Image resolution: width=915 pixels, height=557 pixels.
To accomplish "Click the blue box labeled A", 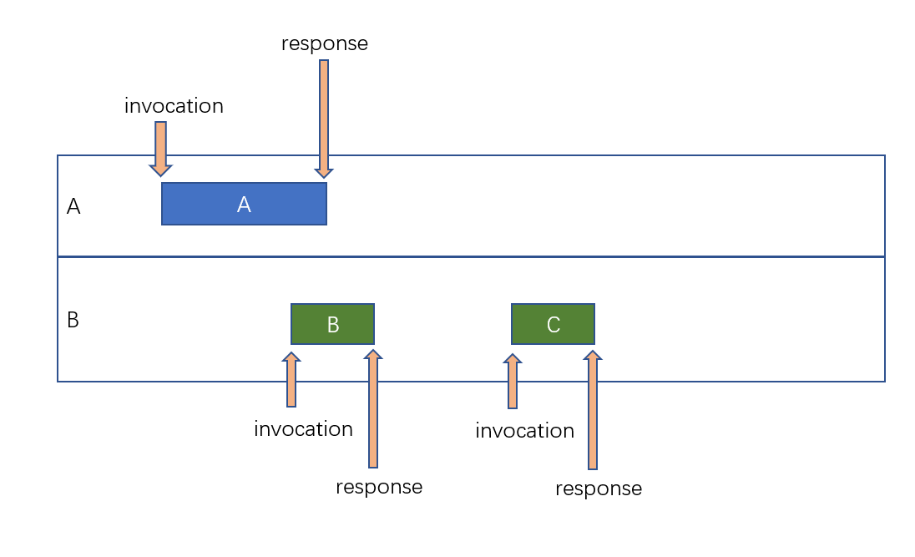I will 244,204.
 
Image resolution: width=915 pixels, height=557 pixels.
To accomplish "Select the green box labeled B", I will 332,324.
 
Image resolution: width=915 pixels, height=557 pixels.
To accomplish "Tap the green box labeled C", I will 553,324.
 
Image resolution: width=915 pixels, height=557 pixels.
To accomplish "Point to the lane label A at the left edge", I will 73,207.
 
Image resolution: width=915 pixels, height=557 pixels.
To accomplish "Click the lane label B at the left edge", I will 73,321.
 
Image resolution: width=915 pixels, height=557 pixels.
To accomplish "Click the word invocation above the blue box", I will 174,107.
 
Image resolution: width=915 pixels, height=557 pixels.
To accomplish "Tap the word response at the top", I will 324,43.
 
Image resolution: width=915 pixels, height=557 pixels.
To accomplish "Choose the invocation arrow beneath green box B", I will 291,381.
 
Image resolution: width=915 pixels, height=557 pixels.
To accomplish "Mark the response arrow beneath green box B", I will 373,409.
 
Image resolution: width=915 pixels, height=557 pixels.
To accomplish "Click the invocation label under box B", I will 303,429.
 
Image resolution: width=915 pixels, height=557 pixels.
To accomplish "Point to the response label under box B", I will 379,487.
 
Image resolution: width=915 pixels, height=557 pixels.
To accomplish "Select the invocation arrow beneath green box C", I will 513,382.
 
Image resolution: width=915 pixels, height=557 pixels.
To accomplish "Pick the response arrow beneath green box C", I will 593,411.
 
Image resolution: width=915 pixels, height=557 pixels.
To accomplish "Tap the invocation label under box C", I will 524,431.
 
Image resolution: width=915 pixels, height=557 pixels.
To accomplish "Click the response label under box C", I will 599,489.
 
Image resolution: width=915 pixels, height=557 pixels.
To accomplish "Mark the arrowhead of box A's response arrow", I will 324,173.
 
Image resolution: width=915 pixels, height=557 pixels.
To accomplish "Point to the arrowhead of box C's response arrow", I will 593,355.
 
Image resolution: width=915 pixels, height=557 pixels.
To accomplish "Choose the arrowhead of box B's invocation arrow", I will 291,357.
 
